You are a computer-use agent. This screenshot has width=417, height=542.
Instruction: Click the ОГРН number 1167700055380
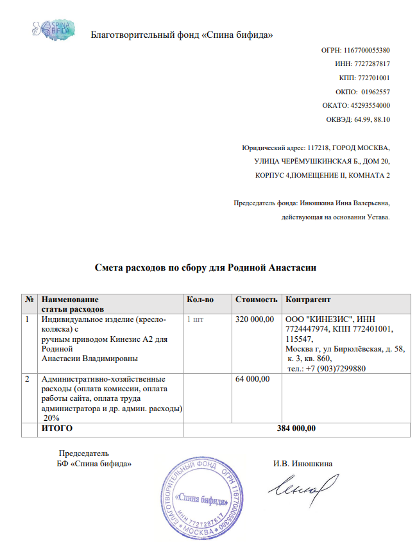coord(366,50)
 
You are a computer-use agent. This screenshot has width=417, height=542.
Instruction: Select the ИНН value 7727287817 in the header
coord(372,64)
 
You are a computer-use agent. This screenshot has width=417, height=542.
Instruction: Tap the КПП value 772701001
coord(374,78)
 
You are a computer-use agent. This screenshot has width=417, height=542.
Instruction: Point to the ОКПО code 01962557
coord(375,91)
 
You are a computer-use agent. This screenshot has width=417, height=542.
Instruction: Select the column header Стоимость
coord(256,300)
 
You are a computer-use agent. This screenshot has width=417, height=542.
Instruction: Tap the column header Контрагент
coord(308,300)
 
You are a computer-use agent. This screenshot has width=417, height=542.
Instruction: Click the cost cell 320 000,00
coord(255,319)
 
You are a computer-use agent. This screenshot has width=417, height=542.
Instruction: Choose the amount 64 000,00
coord(253,379)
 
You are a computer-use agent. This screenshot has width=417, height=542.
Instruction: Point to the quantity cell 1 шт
coord(195,319)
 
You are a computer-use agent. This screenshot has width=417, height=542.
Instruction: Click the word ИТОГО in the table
coord(56,428)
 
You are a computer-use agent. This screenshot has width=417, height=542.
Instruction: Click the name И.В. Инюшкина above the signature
coord(302,463)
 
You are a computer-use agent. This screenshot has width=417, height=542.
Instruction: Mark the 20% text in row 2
coord(52,418)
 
